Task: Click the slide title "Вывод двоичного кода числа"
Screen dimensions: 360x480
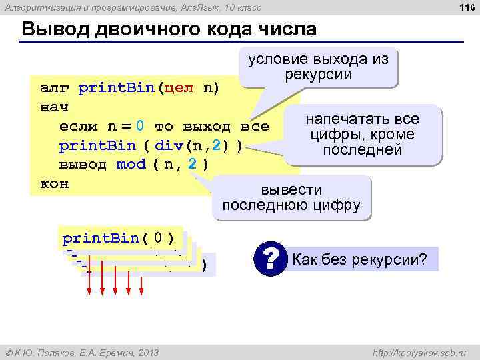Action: point(169,31)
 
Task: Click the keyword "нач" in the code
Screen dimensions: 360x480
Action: point(55,107)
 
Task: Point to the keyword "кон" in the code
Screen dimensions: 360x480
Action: point(55,183)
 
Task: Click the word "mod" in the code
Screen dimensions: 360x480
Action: point(131,164)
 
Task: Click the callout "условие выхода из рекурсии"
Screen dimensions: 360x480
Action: point(318,66)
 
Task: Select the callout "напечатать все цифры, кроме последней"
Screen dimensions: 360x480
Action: point(362,135)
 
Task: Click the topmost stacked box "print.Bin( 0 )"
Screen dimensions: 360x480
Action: point(118,238)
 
